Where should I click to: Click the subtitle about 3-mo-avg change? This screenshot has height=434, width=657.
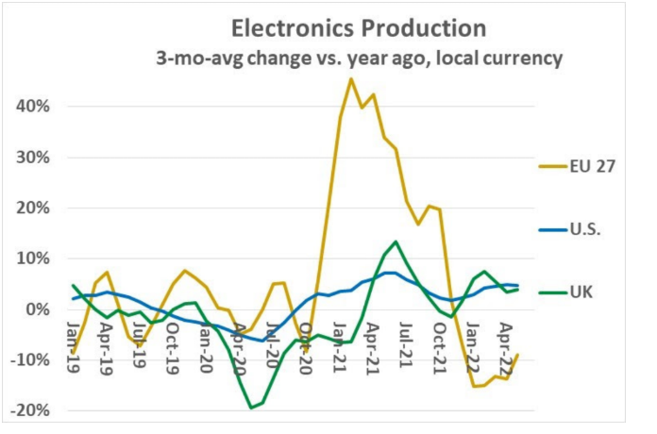[359, 58]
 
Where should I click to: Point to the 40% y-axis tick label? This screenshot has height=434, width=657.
[32, 106]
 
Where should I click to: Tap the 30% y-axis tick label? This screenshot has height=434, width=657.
[32, 157]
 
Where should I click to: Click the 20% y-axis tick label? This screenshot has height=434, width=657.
[32, 208]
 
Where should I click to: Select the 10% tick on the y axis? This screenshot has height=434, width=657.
[32, 259]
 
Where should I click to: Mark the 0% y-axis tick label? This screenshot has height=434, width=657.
[37, 309]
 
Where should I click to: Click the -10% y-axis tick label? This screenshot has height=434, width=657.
[29, 360]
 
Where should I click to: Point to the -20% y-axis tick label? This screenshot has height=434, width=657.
[29, 411]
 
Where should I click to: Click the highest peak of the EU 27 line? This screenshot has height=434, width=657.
[351, 78]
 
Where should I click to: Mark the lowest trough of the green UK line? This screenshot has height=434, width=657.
[251, 408]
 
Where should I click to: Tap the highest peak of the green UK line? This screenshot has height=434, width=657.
[396, 242]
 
